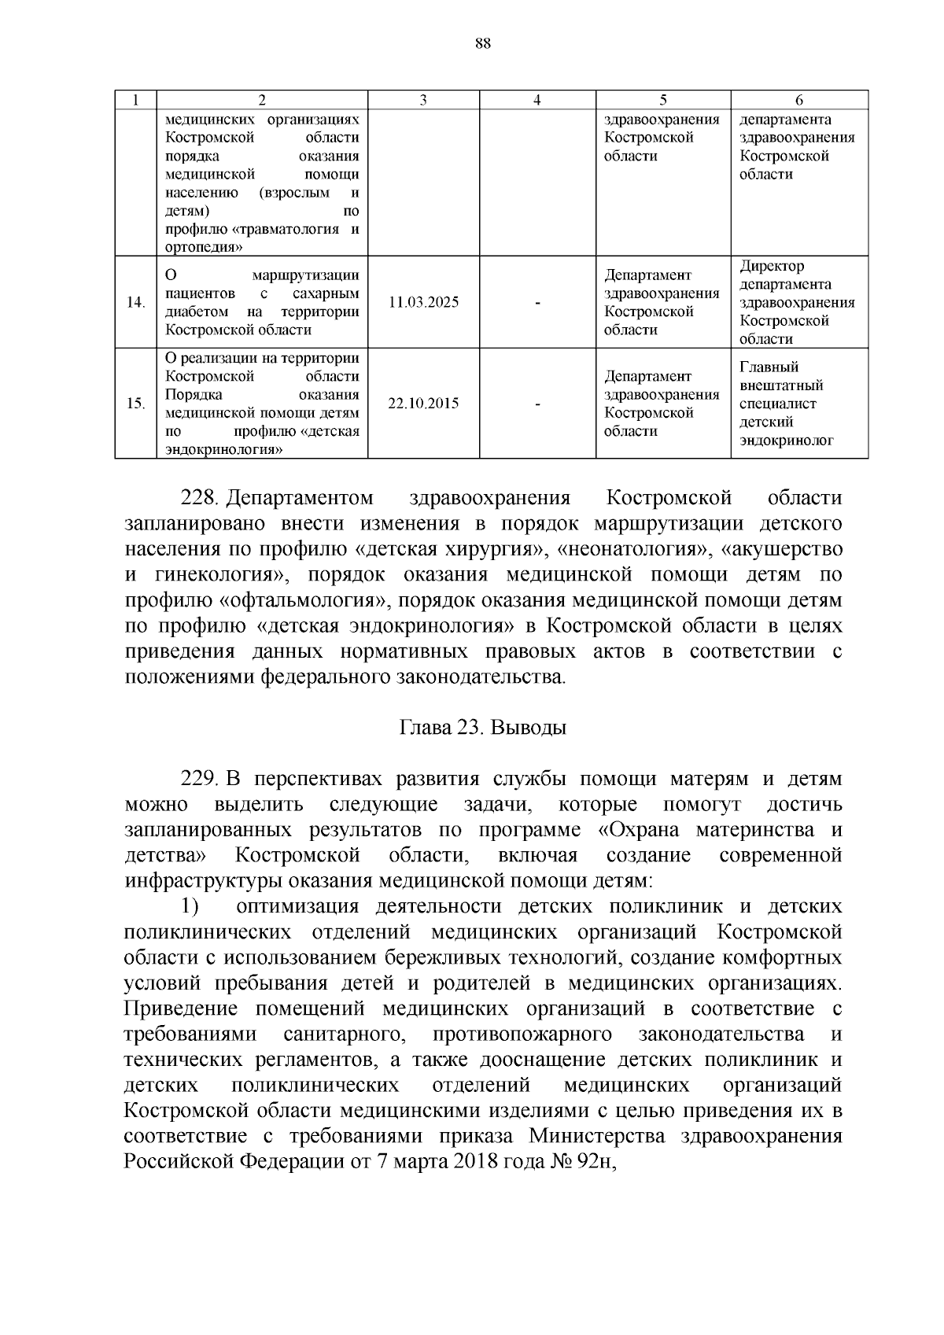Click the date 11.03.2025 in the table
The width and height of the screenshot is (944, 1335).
[423, 303]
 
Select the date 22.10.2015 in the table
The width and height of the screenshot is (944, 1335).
[423, 404]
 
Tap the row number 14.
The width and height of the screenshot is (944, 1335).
[135, 303]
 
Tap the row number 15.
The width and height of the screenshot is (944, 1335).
[135, 404]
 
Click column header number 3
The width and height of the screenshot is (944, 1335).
[423, 100]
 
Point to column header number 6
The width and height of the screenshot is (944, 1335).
[799, 100]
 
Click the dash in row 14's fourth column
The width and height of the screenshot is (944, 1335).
[537, 303]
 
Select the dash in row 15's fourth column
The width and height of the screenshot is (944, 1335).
[537, 404]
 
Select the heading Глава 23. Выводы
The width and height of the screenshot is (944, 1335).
[483, 728]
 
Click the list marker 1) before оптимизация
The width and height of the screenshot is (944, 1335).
[190, 907]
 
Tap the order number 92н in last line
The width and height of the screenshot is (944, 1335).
[593, 1162]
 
